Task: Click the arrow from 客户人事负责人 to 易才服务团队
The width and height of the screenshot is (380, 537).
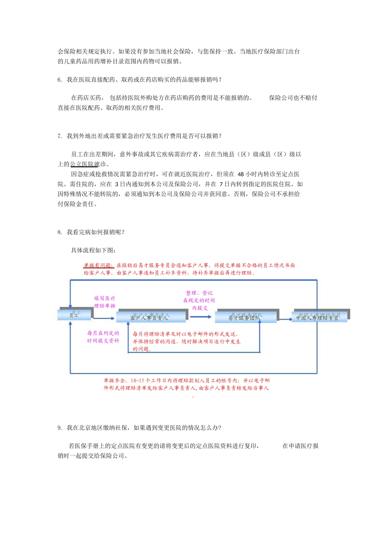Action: tap(201, 317)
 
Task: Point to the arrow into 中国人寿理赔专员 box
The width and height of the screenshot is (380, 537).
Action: tap(286, 319)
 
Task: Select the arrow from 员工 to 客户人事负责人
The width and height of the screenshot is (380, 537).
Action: tap(104, 318)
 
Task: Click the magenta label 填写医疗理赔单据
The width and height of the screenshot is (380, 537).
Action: tap(105, 302)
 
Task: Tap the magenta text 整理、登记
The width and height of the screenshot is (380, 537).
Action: tap(199, 293)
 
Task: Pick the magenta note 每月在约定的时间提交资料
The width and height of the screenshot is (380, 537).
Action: tap(103, 337)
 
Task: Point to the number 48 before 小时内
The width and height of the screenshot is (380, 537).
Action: tap(240, 174)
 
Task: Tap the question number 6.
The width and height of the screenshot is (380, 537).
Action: tap(59, 80)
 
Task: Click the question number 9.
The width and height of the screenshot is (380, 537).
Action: tap(59, 428)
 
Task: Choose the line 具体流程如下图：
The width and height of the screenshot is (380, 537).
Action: tap(94, 251)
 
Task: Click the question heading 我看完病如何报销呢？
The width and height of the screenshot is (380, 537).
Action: tap(96, 232)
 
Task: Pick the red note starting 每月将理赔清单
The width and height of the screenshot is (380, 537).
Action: tap(187, 341)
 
